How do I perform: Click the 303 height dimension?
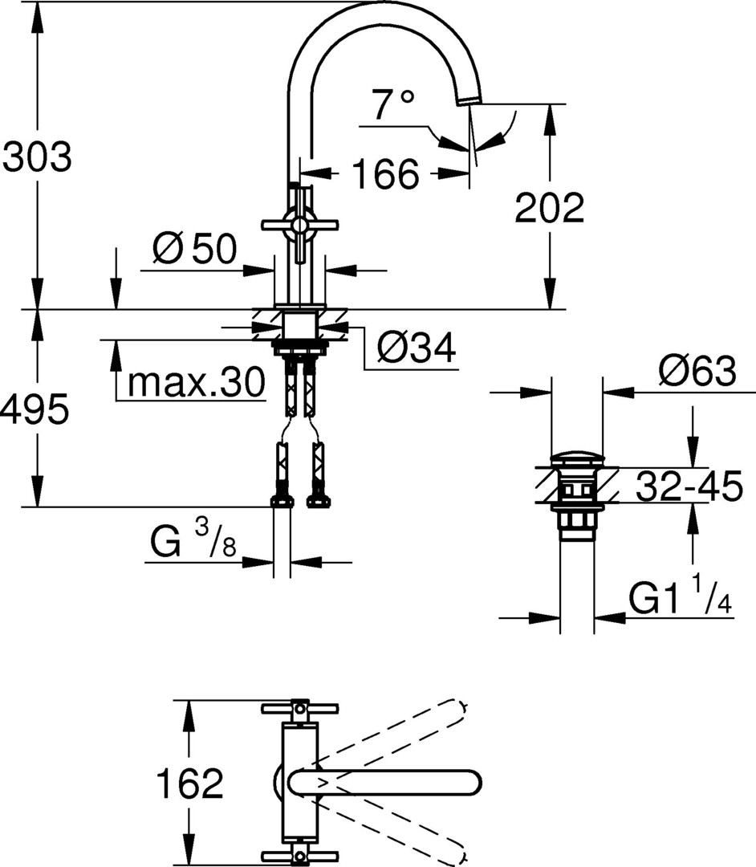[x=38, y=157]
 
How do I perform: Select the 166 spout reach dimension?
[x=386, y=173]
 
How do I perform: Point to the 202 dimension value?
[x=549, y=207]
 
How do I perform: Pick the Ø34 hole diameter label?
[x=417, y=348]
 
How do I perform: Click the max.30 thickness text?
[x=197, y=382]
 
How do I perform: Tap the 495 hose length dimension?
[x=35, y=409]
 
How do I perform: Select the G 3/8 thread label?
[x=193, y=539]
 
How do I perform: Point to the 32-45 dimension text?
[x=689, y=486]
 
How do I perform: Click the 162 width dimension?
[x=189, y=783]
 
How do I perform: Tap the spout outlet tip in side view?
[x=469, y=99]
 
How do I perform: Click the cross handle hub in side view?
[x=299, y=225]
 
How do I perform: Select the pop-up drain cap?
[x=579, y=458]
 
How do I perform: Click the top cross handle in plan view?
[x=299, y=708]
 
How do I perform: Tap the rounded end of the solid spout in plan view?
[x=474, y=783]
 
